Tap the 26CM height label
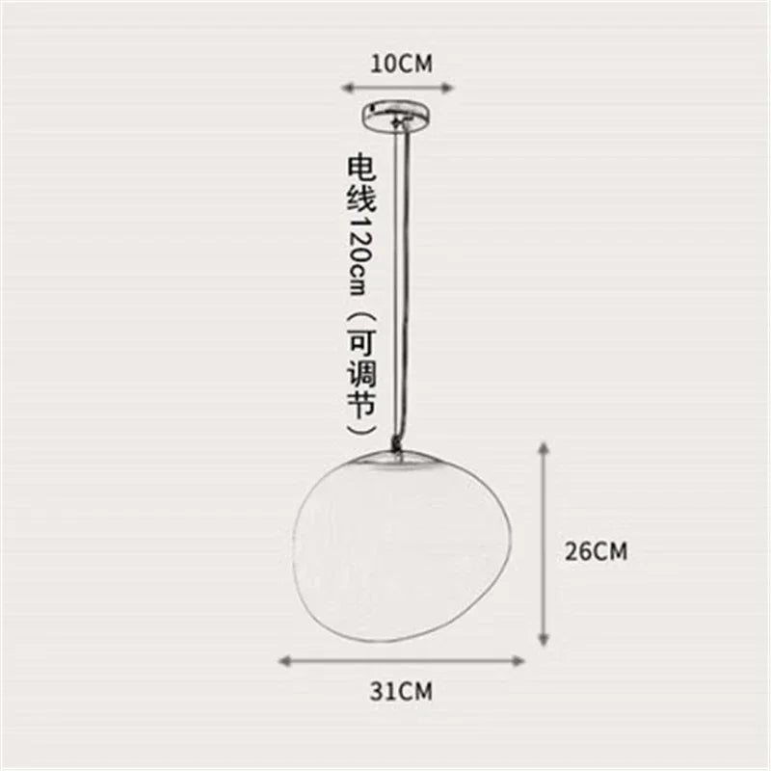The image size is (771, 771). tap(596, 551)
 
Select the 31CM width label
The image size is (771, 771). tap(401, 690)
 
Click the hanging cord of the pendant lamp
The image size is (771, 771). tap(399, 289)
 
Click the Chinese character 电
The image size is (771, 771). tap(362, 166)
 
